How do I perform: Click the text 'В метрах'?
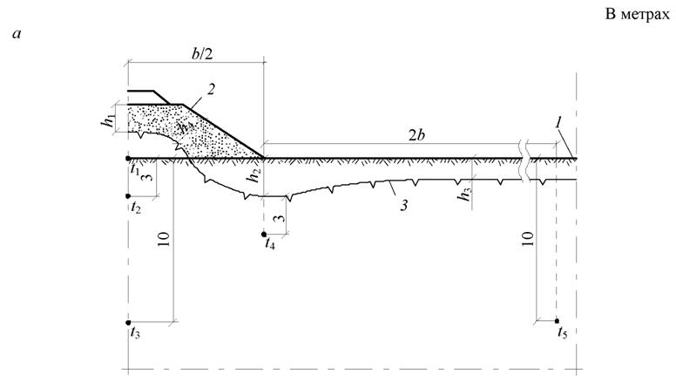(x=638, y=14)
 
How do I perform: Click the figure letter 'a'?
(x=17, y=34)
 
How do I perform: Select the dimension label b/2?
(x=202, y=55)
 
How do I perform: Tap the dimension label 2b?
(x=416, y=135)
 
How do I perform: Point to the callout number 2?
(x=211, y=89)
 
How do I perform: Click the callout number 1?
(x=558, y=124)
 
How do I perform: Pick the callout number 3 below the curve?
(x=404, y=205)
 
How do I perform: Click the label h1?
(x=109, y=121)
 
